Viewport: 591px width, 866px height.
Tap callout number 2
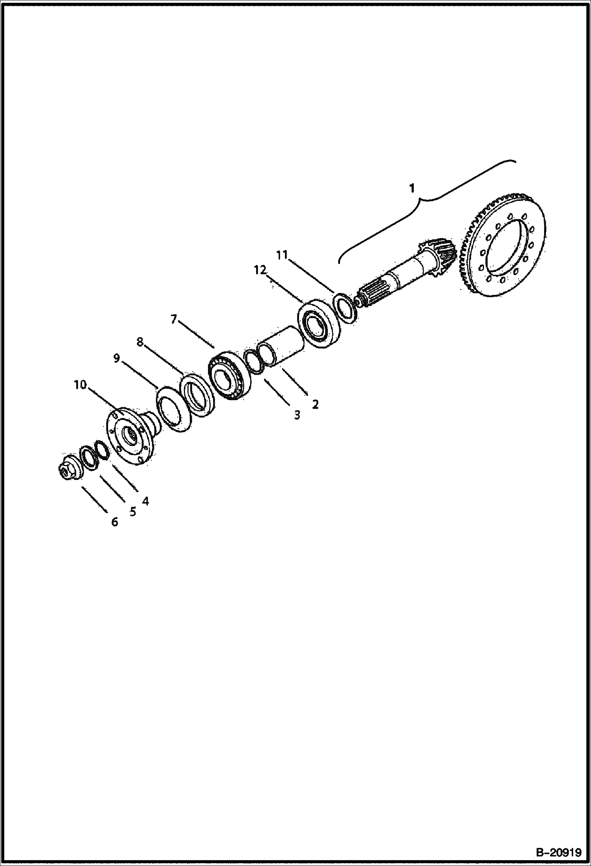[x=315, y=404]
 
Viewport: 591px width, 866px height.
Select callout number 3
[x=297, y=415]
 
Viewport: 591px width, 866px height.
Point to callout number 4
[x=145, y=501]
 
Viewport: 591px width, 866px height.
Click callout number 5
[x=132, y=512]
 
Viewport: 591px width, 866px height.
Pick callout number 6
[x=114, y=522]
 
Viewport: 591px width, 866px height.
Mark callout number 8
[x=140, y=342]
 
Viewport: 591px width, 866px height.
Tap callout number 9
[x=116, y=358]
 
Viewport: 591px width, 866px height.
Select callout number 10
[x=80, y=385]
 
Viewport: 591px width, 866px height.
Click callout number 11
[x=282, y=255]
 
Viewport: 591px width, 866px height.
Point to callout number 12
[x=260, y=270]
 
